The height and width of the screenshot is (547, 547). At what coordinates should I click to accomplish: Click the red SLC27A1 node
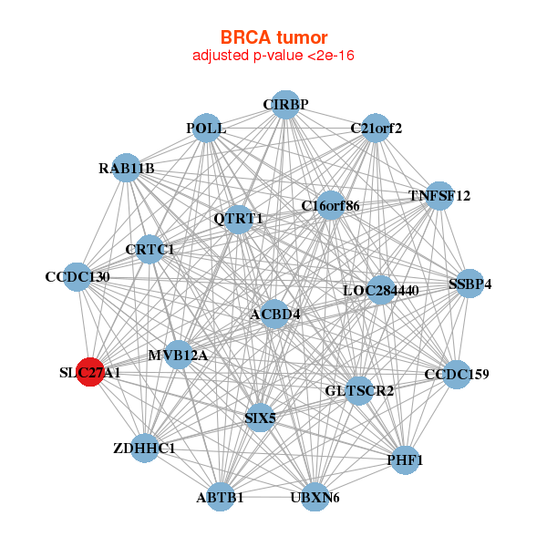click(x=90, y=373)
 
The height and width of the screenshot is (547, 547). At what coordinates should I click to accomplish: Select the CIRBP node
click(x=285, y=104)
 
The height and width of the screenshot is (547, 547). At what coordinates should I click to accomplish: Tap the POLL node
click(x=206, y=129)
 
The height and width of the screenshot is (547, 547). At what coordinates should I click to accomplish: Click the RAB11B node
click(x=128, y=169)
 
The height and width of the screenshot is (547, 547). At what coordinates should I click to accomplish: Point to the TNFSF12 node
click(x=439, y=196)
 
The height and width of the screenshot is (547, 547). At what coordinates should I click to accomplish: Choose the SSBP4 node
click(x=470, y=284)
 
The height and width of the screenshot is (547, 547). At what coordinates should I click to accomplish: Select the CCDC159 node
click(x=457, y=374)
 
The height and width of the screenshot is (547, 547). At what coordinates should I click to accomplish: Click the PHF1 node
click(x=405, y=459)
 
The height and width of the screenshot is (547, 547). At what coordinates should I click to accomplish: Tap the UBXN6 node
click(x=315, y=497)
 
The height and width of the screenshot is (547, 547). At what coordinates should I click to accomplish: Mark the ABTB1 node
click(x=220, y=497)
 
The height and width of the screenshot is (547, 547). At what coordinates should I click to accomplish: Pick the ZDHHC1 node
click(x=145, y=449)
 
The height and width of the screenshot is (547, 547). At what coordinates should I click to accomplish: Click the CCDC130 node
click(x=77, y=277)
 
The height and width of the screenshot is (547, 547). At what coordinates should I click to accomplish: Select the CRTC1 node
click(x=150, y=249)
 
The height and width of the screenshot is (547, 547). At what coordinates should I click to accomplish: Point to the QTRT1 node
click(x=238, y=219)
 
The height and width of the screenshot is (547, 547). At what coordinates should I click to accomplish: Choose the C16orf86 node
click(x=330, y=206)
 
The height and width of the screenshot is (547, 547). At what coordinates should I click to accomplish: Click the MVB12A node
click(x=178, y=355)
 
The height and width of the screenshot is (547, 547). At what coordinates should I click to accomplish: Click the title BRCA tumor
click(x=273, y=37)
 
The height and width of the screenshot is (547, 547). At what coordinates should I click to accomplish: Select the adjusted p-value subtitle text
click(x=273, y=56)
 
